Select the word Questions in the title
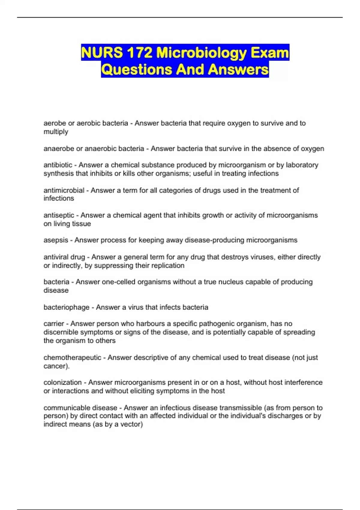click(136, 70)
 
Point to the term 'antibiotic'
click(58, 165)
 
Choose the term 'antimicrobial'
click(64, 190)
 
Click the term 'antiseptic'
click(59, 215)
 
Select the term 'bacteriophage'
click(66, 307)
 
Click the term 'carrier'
click(54, 324)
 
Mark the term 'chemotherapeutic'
click(72, 358)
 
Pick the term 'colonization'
click(62, 382)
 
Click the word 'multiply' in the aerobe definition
click(56, 132)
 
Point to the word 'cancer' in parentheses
click(54, 366)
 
